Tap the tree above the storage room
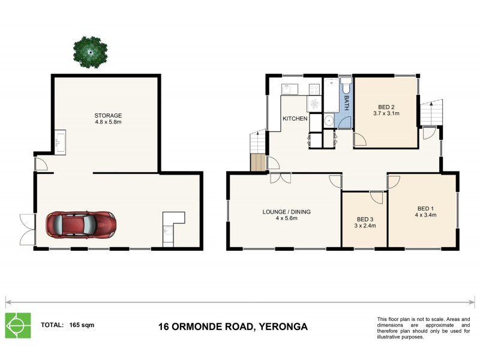(x=90, y=52)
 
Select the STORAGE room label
(x=108, y=116)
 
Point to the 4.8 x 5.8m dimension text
(x=108, y=123)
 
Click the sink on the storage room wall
(x=61, y=143)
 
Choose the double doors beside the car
(x=27, y=229)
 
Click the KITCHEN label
(x=295, y=119)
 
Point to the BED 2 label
(x=386, y=105)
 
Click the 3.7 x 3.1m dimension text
(x=386, y=113)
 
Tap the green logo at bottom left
(x=18, y=326)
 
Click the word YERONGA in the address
(x=281, y=327)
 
